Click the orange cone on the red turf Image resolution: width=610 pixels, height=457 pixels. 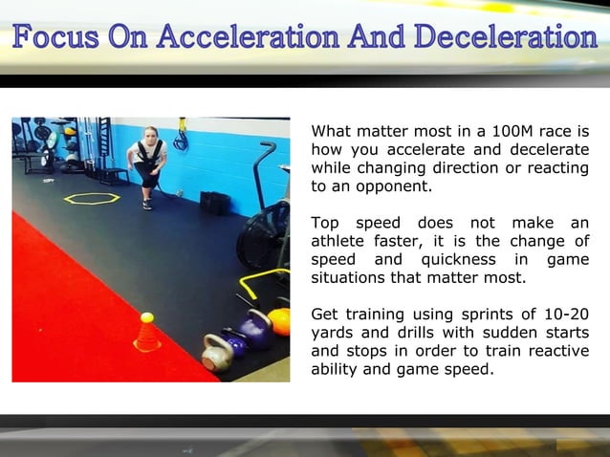coord(147,337)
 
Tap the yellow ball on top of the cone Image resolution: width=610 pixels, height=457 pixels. coord(147,317)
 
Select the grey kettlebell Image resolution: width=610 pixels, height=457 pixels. coord(218,353)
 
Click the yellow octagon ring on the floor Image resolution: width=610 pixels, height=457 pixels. coord(92,198)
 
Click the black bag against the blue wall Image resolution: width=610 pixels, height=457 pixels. coord(215,203)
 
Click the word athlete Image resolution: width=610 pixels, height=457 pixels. coord(341,242)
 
